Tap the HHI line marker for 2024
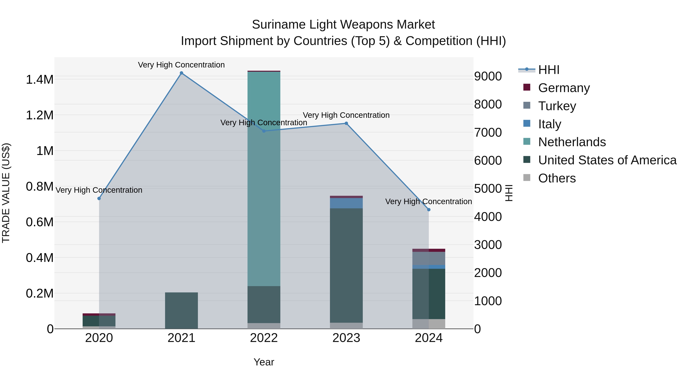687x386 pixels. (429, 210)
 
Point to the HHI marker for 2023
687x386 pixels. (346, 123)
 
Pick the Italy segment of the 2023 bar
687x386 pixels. (346, 203)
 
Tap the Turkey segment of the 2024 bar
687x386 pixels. (429, 258)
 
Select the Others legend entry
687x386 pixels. (557, 178)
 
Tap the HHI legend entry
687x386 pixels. (549, 70)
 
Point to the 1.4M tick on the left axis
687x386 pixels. (40, 80)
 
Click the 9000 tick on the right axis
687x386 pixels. (488, 76)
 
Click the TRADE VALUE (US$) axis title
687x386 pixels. (6, 193)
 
